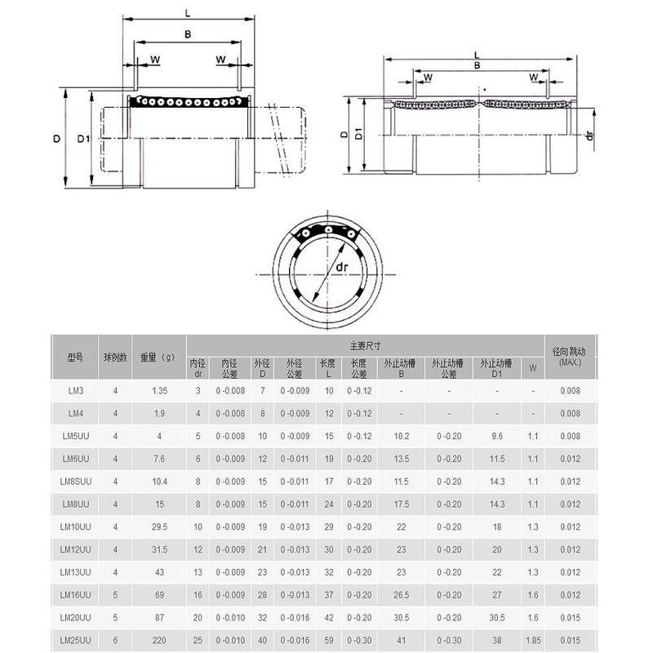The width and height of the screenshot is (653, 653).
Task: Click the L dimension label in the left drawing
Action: coord(188,14)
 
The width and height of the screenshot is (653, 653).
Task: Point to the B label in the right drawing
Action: coord(478,65)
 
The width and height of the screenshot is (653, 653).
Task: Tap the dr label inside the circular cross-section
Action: coord(342,266)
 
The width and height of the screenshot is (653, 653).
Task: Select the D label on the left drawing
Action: coord(56,139)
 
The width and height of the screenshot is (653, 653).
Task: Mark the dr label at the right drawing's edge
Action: coord(589,135)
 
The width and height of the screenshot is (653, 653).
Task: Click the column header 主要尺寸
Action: coord(365,345)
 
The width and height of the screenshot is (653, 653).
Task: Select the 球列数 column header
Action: coord(115,357)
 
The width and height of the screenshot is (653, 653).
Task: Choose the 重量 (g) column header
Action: coord(158,357)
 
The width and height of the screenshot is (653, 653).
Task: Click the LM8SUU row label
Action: coord(74,482)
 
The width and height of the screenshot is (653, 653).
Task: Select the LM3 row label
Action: coord(74,391)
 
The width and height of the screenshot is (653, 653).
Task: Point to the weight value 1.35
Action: coord(158,391)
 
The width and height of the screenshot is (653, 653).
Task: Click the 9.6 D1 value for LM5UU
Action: coord(496,437)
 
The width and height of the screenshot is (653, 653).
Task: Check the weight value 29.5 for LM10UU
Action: coord(158,526)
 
